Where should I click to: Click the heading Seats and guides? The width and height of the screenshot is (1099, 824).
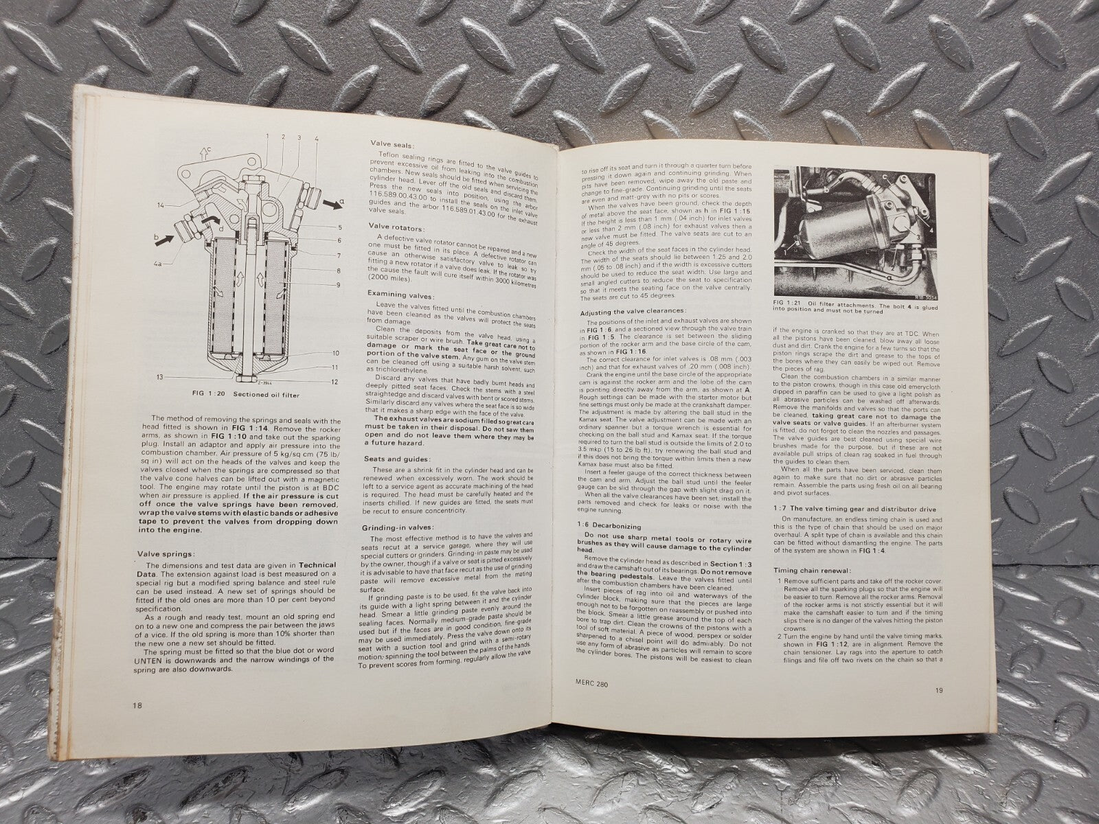pos(398,460)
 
